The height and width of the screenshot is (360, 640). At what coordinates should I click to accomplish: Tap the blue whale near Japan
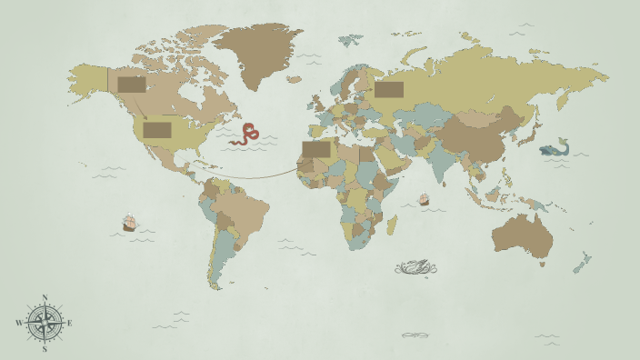(x=554, y=148)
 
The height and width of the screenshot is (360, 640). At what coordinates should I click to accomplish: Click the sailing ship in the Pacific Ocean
(x=129, y=223)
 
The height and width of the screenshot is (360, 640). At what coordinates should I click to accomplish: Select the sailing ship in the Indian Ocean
(x=424, y=199)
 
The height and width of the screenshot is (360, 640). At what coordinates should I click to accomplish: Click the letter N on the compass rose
(x=45, y=297)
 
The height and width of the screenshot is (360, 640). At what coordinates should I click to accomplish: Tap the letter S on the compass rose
(x=45, y=349)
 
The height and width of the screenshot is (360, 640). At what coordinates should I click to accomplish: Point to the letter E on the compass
(x=69, y=323)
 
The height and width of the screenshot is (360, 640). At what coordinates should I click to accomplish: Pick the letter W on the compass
(x=19, y=323)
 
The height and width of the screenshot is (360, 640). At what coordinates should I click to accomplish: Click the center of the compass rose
(x=45, y=323)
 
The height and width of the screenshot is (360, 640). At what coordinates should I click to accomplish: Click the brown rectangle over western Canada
(x=131, y=85)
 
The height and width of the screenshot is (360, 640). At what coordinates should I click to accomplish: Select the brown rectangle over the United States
(x=157, y=130)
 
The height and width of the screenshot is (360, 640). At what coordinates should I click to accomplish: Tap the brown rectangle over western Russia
(x=389, y=89)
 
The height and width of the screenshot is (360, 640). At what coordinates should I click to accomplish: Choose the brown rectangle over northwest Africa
(x=316, y=149)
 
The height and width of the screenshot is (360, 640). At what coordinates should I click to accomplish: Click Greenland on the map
(x=257, y=50)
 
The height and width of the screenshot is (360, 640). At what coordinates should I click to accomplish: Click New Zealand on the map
(x=580, y=264)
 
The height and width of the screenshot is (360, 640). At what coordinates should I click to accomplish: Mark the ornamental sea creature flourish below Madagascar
(x=416, y=266)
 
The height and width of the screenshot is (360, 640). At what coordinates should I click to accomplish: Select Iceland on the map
(x=294, y=79)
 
